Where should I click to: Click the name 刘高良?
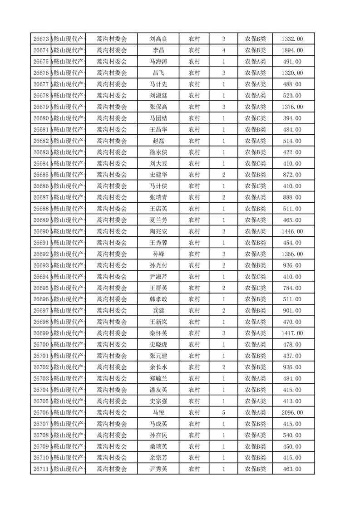[158, 39]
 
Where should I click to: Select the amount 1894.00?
[292, 50]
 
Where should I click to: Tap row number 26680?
[41, 118]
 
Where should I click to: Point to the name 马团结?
[158, 118]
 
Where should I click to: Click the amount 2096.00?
[292, 412]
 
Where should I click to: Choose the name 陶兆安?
[158, 231]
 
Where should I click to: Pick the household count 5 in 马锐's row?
[224, 412]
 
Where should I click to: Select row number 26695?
[41, 288]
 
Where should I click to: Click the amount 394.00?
[292, 118]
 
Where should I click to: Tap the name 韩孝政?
[158, 299]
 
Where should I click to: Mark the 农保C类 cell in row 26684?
[256, 164]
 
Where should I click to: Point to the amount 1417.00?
[292, 333]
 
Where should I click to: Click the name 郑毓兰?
[158, 378]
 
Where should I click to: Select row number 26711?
[41, 469]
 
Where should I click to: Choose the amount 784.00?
[292, 288]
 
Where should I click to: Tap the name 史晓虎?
[158, 345]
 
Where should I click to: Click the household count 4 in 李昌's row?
[224, 50]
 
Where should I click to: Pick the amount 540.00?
[292, 435]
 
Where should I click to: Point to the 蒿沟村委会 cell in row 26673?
[112, 39]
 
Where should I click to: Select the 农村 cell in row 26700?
[194, 345]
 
